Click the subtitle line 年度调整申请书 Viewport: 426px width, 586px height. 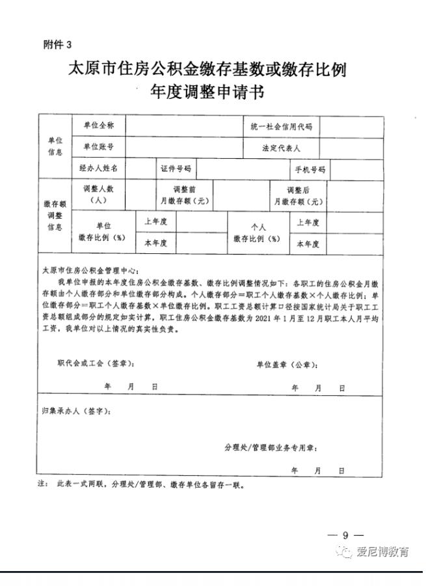207,92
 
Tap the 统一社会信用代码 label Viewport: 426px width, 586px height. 282,126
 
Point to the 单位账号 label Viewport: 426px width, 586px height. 98,147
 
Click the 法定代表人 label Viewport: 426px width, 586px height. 281,148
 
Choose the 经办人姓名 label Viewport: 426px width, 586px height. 98,168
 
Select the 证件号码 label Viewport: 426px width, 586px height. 176,169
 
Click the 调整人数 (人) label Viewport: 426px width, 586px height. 98,195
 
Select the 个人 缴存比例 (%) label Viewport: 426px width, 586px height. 258,232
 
